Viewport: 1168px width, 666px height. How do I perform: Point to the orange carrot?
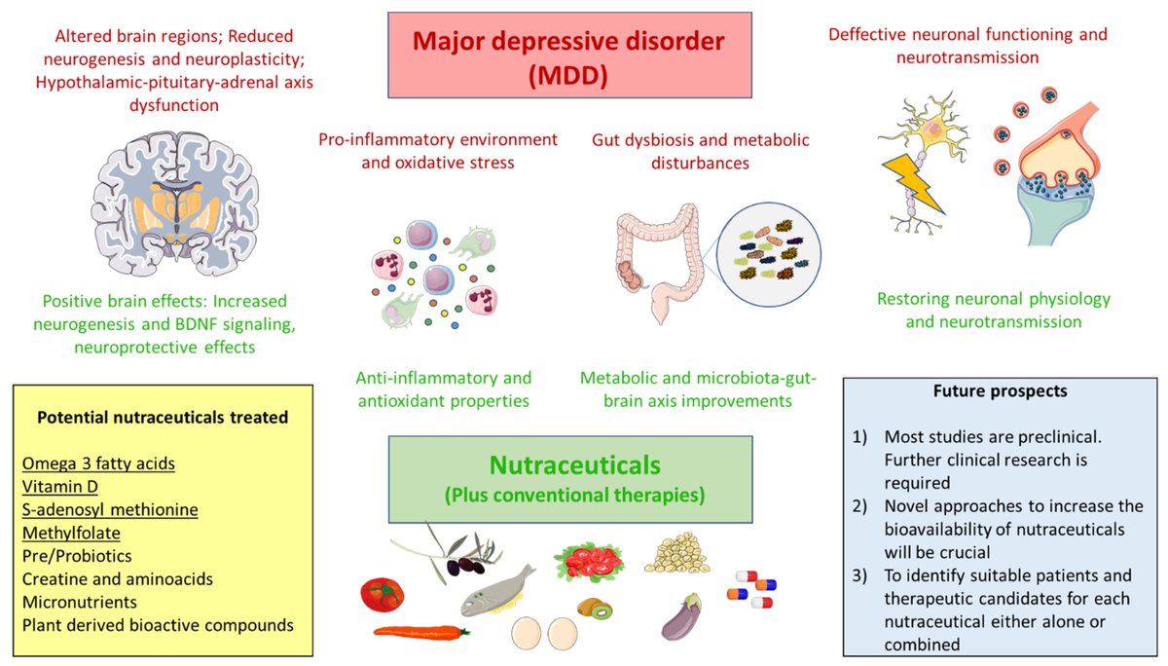[x=420, y=632]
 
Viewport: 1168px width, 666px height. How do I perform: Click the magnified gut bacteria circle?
[x=772, y=257]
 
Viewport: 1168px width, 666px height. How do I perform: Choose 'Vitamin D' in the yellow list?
[x=60, y=487]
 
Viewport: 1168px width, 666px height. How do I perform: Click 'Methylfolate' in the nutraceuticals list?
[x=74, y=533]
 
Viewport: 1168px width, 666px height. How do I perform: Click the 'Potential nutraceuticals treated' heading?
[x=162, y=418]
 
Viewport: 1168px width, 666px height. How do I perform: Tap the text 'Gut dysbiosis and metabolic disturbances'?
[x=700, y=151]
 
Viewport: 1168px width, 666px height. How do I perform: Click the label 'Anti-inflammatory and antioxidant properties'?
[x=443, y=388]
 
